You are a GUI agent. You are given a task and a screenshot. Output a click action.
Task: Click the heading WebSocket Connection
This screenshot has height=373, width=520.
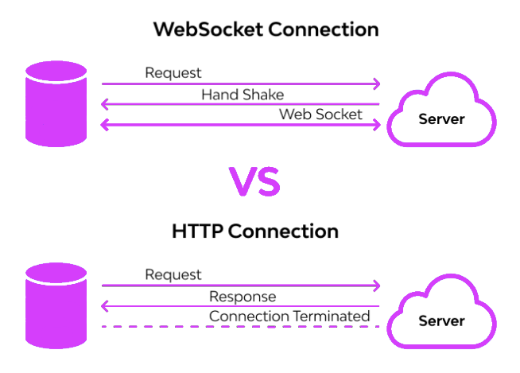point(266,29)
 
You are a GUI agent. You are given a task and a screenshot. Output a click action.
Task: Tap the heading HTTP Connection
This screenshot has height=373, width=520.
point(255,231)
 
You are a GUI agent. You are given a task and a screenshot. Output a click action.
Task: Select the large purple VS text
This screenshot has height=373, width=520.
point(254,181)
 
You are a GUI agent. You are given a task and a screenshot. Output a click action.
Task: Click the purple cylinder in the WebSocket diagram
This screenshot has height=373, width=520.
point(56,104)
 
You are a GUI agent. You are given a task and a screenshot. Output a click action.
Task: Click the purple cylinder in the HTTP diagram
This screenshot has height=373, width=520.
point(56,306)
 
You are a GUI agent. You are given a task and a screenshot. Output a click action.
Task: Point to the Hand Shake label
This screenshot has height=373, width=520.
point(243,94)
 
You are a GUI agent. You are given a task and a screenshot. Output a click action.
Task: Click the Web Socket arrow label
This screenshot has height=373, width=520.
point(320,115)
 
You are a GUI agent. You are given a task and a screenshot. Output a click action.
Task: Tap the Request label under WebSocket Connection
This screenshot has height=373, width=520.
point(173,72)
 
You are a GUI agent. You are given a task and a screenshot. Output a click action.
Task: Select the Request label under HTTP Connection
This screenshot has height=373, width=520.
point(173,274)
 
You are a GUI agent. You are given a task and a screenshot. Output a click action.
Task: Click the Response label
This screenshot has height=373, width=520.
point(243,296)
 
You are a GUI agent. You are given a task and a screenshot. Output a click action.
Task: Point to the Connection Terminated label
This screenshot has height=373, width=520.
point(289,317)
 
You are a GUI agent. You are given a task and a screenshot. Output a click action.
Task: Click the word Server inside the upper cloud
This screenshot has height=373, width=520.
point(441,119)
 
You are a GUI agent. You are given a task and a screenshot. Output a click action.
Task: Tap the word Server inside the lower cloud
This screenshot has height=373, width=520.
point(441,321)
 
